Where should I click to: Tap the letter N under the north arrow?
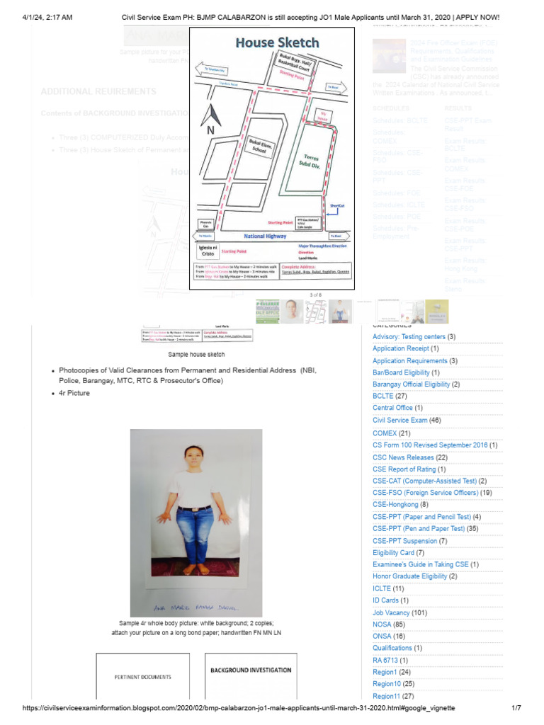click(x=210, y=131)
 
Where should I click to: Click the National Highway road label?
click(x=263, y=236)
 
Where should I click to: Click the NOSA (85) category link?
click(x=389, y=624)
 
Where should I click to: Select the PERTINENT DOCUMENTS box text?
click(x=142, y=677)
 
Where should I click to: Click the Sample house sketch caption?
click(x=196, y=354)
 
